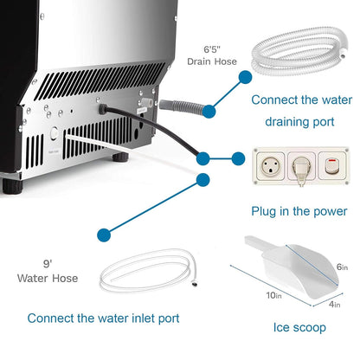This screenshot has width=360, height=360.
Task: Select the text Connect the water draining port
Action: click(292, 111)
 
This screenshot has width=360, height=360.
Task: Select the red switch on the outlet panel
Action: click(328, 164)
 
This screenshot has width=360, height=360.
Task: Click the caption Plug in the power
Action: click(299, 211)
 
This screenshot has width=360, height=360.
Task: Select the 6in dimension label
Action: click(340, 269)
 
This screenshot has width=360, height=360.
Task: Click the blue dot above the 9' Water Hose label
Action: click(105, 234)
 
